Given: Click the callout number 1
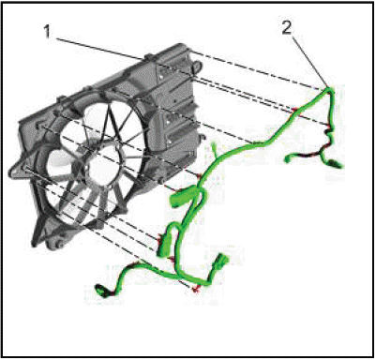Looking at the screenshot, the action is click(x=47, y=32).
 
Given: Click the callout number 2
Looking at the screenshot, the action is click(x=287, y=28).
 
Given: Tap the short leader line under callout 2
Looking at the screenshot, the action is click(x=310, y=60).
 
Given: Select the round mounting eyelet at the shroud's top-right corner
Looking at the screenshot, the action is click(x=198, y=66).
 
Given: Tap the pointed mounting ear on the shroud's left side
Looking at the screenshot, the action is click(x=16, y=172).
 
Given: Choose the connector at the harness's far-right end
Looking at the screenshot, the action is click(x=336, y=164).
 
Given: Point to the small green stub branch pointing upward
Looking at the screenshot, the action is click(x=215, y=148).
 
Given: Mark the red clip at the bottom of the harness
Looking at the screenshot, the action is click(x=196, y=289).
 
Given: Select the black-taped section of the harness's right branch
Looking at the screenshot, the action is click(x=309, y=155).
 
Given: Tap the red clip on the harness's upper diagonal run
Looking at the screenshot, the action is click(x=293, y=110).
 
